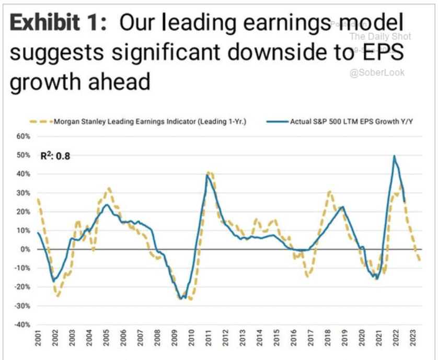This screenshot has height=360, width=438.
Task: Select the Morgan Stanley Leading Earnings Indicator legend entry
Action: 149,122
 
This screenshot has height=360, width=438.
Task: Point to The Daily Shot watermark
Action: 380,37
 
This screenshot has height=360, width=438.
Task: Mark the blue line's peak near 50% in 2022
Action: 394,156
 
